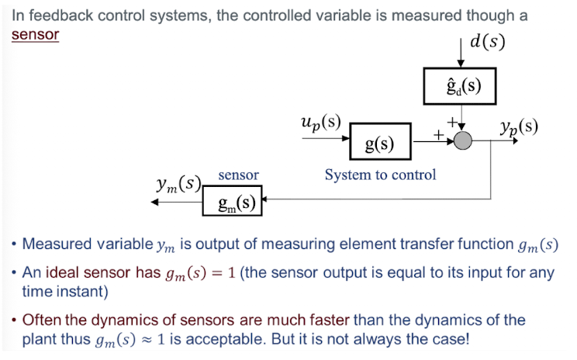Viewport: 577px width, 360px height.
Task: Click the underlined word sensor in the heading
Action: [35, 35]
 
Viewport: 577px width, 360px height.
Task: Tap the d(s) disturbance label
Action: [488, 40]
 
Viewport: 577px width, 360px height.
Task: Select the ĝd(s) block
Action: [459, 86]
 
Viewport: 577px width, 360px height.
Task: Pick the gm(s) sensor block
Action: [231, 203]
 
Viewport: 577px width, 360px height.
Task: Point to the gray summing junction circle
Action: [463, 140]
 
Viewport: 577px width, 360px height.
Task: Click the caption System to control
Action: [380, 175]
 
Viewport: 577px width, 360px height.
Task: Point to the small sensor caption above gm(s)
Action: [238, 175]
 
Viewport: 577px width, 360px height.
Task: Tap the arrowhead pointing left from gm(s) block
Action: [156, 202]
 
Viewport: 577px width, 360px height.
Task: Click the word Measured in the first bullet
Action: [54, 244]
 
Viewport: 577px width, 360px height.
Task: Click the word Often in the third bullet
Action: [42, 320]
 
